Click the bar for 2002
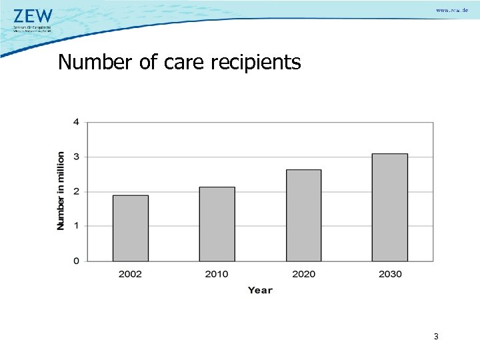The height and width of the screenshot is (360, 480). (x=131, y=228)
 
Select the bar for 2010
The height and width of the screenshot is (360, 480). (x=217, y=224)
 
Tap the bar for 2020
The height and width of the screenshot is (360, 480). (x=303, y=215)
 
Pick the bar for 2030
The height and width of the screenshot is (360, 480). (x=389, y=207)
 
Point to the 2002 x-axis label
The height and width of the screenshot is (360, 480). (x=131, y=274)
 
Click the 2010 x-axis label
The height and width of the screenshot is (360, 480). (x=217, y=274)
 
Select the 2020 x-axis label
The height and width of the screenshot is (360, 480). (x=303, y=274)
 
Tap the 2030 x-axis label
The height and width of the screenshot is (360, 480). (x=389, y=274)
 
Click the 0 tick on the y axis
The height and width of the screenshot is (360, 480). (x=76, y=261)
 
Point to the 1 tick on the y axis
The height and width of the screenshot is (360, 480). (x=76, y=226)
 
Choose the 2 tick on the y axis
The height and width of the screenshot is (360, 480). (x=76, y=191)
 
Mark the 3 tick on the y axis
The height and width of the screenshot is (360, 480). (x=76, y=157)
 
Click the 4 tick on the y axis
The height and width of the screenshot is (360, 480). (x=76, y=122)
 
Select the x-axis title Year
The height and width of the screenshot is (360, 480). (x=260, y=290)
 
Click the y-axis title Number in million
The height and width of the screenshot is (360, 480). (x=61, y=191)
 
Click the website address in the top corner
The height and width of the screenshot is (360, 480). (x=452, y=11)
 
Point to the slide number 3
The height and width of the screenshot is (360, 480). (x=436, y=337)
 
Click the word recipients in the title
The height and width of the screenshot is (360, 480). (x=256, y=63)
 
